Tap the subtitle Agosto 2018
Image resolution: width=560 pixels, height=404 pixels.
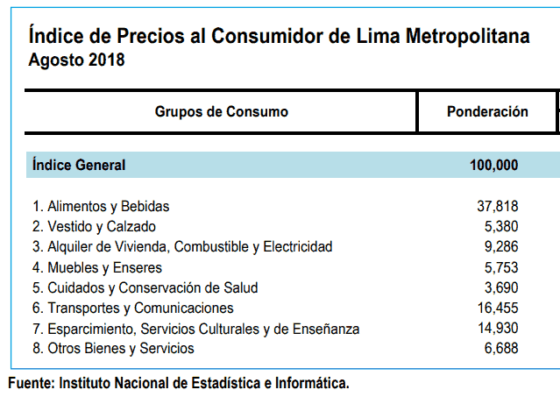tap(76, 60)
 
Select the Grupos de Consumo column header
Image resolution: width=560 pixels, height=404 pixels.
tap(221, 112)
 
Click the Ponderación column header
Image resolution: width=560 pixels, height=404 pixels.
tap(487, 112)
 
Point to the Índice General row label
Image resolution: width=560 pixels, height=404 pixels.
tap(79, 165)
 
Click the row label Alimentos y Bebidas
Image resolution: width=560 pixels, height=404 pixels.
tap(101, 207)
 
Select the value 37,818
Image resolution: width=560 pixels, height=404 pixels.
tap(496, 207)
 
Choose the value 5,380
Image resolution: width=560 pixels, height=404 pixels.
tap(500, 227)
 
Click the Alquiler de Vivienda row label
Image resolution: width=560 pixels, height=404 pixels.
tap(182, 247)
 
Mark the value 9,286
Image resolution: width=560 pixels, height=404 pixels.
tap(500, 247)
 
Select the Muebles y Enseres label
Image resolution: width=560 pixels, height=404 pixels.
tap(97, 267)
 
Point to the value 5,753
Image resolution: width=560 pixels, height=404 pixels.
tap(500, 267)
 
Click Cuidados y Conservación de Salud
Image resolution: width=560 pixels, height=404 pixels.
tap(145, 287)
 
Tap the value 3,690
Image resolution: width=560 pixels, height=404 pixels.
tap(500, 287)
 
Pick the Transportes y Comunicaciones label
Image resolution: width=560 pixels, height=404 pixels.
tap(133, 308)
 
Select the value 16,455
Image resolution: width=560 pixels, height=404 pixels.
tap(496, 308)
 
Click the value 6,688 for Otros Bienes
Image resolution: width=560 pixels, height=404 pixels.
tap(500, 348)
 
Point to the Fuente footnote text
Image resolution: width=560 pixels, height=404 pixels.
tap(179, 383)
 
